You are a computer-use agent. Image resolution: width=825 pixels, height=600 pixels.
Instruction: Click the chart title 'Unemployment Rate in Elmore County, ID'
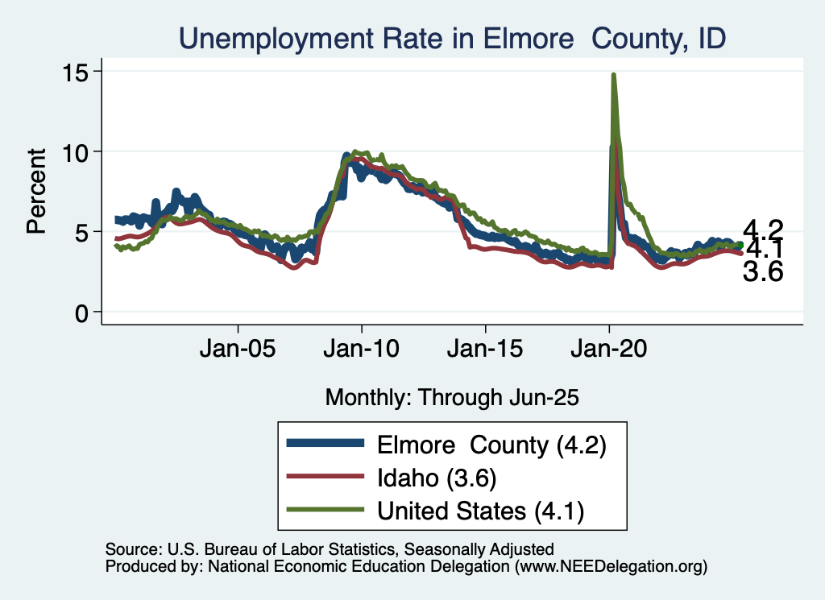(x=452, y=38)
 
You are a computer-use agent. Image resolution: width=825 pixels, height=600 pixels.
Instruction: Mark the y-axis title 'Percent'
(x=36, y=191)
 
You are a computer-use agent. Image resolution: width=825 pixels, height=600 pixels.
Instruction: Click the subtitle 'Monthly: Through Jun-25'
(x=452, y=396)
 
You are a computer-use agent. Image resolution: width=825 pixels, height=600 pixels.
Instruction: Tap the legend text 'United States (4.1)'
(x=481, y=510)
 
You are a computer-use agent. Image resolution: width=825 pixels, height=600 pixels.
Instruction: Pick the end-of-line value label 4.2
(x=762, y=229)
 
